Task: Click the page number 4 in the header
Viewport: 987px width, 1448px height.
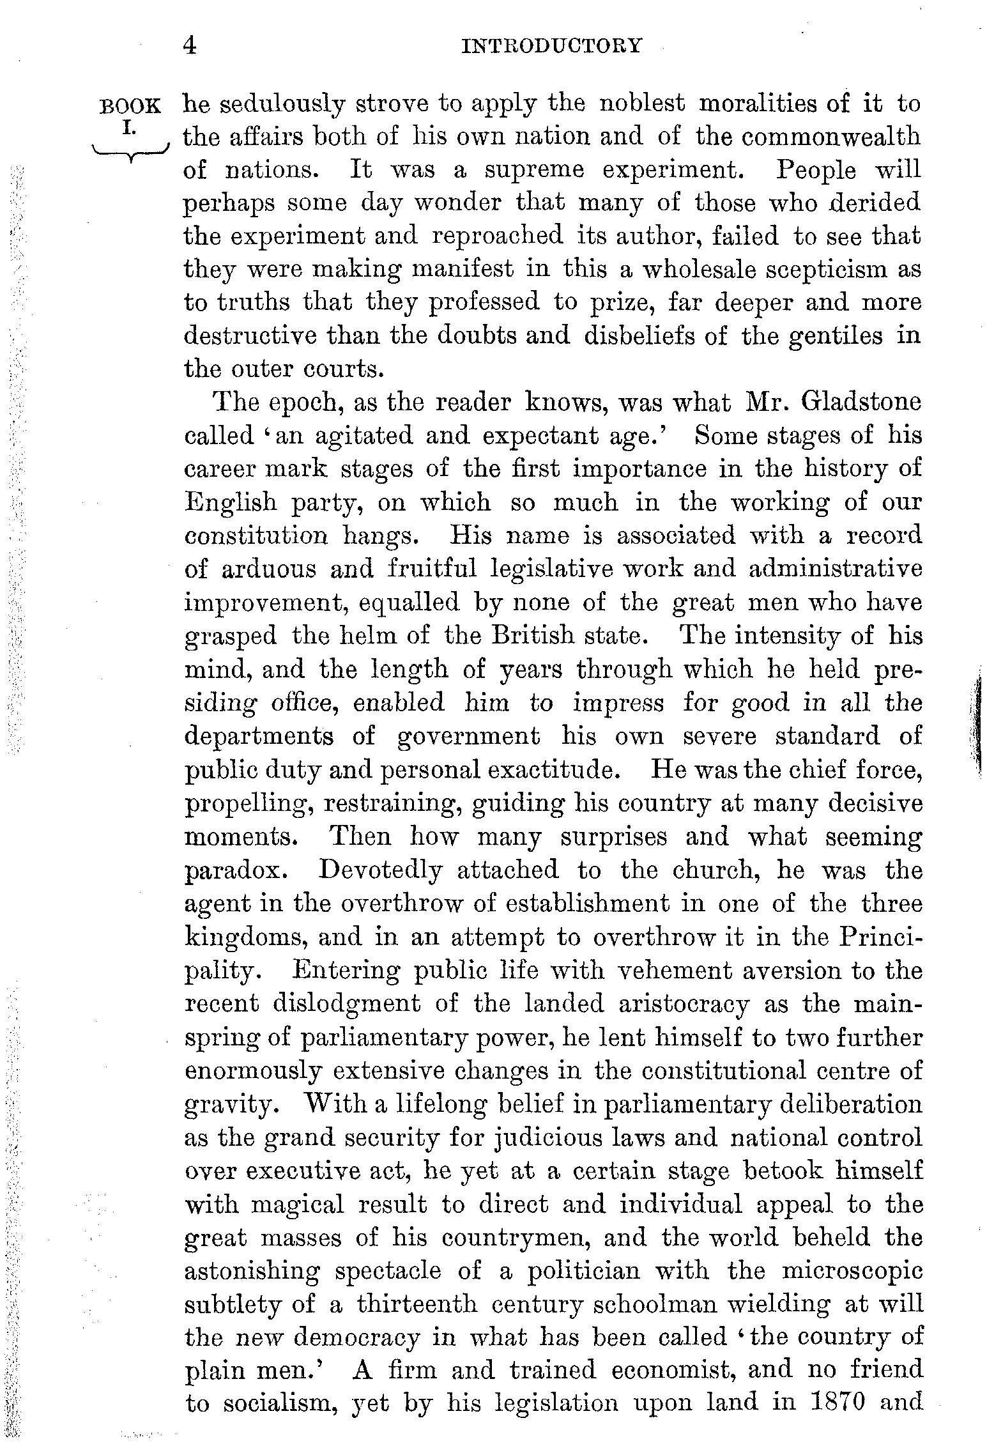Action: pyautogui.click(x=189, y=46)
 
